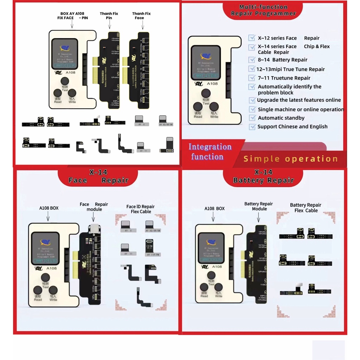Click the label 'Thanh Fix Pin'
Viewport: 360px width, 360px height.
coord(109,16)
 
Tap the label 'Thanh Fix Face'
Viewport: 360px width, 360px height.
coord(141,16)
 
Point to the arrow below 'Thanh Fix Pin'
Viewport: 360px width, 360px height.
coord(109,25)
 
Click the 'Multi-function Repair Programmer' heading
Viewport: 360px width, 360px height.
coord(263,10)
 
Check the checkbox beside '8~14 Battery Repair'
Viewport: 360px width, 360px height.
coord(252,60)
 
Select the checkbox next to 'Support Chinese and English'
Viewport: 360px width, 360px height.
coord(252,127)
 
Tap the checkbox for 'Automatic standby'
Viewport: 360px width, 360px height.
coord(252,118)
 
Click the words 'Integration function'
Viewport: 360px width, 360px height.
coord(210,152)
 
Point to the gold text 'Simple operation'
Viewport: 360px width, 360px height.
coord(290,159)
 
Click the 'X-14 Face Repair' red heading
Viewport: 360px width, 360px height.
coord(98,176)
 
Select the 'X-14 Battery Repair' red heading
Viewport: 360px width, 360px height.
coord(263,176)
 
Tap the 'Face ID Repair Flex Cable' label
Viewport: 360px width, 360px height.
coord(140,209)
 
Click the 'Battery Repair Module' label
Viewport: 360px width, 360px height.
coord(259,206)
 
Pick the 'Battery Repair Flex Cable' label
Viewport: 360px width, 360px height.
coord(306,208)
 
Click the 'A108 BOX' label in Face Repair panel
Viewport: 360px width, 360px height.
coord(49,208)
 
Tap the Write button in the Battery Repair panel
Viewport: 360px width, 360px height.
coord(218,287)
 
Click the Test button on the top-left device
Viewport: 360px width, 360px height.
coord(64,83)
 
